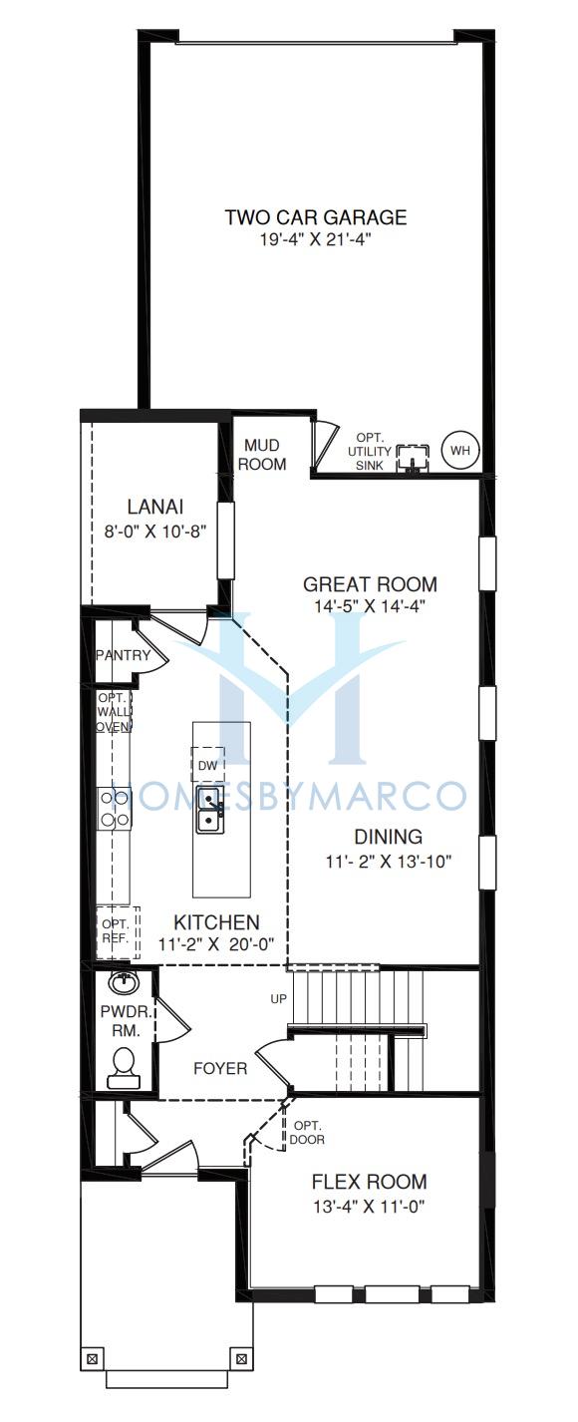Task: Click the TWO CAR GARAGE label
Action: [x=316, y=217]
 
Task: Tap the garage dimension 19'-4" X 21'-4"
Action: [x=315, y=240]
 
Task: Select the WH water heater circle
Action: [x=460, y=451]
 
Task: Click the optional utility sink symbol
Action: [x=413, y=459]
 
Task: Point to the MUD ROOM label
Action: [x=262, y=455]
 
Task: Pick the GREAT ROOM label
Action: [x=370, y=584]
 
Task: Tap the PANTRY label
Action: [x=124, y=655]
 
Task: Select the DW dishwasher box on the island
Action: [x=207, y=765]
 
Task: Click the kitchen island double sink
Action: [x=208, y=809]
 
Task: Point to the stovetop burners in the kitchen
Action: [x=115, y=808]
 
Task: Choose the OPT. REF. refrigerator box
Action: [x=117, y=931]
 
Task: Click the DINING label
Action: [x=388, y=837]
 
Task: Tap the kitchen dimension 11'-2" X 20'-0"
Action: [x=216, y=943]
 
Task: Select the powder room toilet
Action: [x=123, y=1068]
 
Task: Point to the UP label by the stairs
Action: [x=278, y=999]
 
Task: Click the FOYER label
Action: [x=220, y=1068]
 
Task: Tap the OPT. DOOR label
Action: [x=307, y=1133]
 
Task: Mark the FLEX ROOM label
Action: [x=370, y=1182]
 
